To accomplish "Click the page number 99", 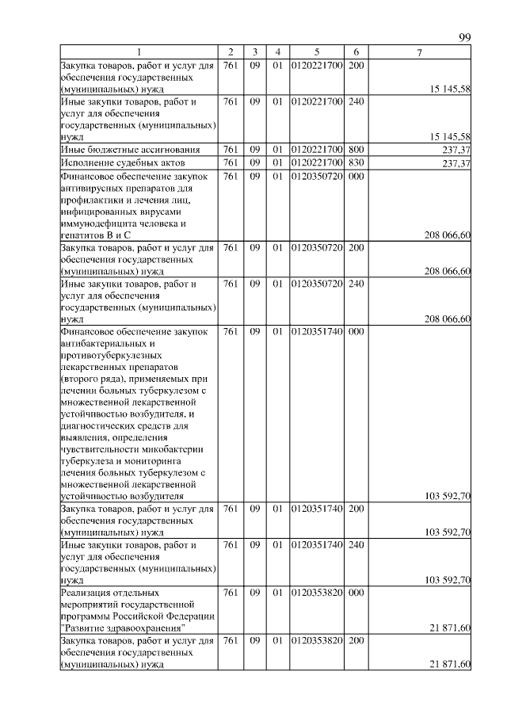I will pyautogui.click(x=465, y=38).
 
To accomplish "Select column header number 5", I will pyautogui.click(x=316, y=52).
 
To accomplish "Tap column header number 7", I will pyautogui.click(x=420, y=52).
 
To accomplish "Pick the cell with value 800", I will pyautogui.click(x=356, y=150).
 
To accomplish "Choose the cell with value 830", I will pyautogui.click(x=356, y=163).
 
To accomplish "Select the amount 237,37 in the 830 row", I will pyautogui.click(x=455, y=164).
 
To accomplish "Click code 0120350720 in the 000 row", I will pyautogui.click(x=316, y=177).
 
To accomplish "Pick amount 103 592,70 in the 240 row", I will pyautogui.click(x=448, y=580).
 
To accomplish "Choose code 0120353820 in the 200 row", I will pyautogui.click(x=316, y=640).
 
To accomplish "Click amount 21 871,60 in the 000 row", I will pyautogui.click(x=451, y=628).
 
